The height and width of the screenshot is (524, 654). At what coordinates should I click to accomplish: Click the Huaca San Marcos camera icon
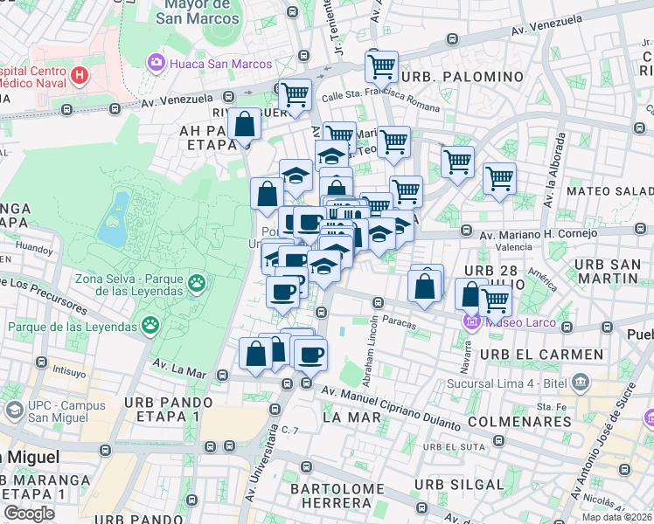(157, 61)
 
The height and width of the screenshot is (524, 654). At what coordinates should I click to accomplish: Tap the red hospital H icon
(80, 75)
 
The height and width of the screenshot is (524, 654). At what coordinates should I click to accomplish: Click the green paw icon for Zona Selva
(198, 282)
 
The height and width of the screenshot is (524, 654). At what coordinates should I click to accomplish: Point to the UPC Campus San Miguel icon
(14, 410)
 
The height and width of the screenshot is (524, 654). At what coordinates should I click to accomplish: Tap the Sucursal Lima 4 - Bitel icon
(579, 382)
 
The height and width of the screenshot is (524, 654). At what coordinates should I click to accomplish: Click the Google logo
(29, 514)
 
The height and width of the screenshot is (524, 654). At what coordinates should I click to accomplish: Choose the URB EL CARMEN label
(546, 355)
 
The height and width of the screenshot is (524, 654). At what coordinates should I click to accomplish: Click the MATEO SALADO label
(609, 190)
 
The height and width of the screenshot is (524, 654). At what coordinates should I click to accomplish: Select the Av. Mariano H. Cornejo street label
(538, 233)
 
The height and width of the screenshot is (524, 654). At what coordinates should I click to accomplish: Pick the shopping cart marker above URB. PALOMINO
(381, 66)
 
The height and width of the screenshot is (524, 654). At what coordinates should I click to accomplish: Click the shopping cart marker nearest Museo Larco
(496, 301)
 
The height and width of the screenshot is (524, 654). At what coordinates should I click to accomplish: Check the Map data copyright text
(616, 516)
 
